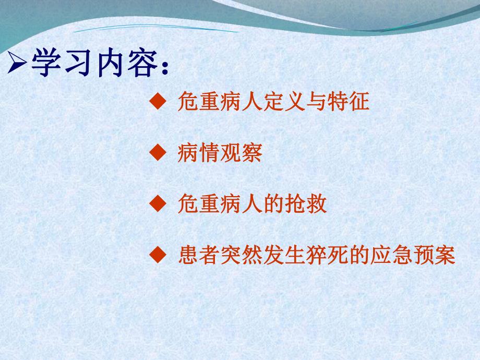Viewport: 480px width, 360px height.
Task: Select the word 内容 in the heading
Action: pos(127,65)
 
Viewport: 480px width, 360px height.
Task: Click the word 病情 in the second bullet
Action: pos(199,153)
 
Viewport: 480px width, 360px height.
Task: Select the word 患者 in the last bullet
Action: pos(199,256)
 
